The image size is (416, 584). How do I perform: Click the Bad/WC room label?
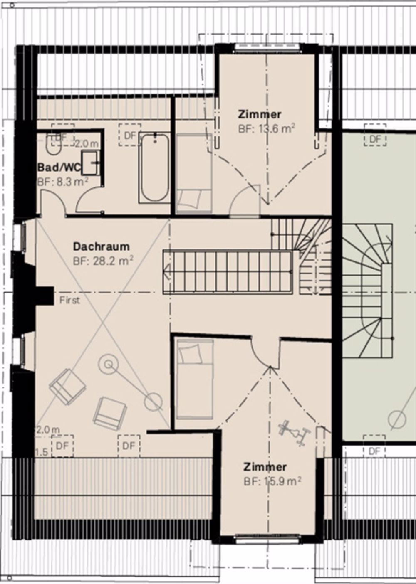coord(59,168)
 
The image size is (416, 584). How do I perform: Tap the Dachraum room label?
coord(101,246)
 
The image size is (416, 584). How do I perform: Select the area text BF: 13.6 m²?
coord(267,128)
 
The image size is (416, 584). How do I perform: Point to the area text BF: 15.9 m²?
coord(272,481)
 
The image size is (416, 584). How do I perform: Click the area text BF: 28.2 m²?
coord(103,261)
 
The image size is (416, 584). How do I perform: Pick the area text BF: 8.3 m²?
coord(62,182)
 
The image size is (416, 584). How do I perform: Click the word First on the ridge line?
coord(69,300)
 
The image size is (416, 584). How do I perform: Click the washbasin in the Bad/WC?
coord(90,163)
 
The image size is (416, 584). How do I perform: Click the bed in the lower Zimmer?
coord(194,378)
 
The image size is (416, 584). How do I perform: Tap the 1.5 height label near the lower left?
coord(41,452)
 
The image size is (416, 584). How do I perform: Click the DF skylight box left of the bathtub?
coord(130,136)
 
